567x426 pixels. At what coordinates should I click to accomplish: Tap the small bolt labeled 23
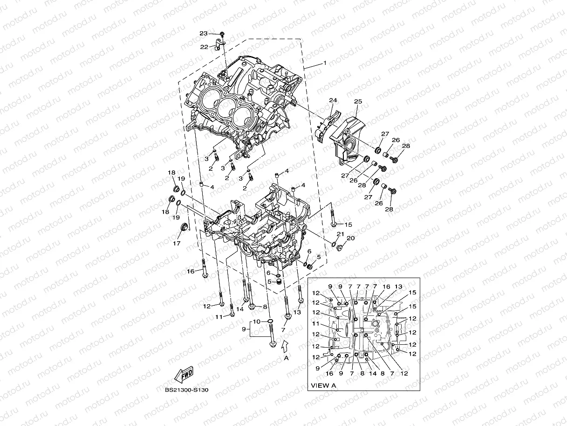(x=222, y=35)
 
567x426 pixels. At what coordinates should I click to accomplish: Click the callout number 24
(x=333, y=100)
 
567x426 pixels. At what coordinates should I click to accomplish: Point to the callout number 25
(x=358, y=101)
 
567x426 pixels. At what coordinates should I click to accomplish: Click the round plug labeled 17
(x=185, y=228)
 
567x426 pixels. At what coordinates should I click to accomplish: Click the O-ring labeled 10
(x=269, y=321)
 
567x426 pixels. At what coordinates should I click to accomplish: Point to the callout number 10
(x=256, y=321)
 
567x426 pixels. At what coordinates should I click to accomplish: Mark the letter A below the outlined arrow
(x=287, y=358)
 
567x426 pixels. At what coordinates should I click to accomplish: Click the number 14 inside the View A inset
(x=372, y=373)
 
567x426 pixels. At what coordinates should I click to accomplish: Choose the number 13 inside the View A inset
(x=398, y=286)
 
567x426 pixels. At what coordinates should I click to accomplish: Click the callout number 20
(x=350, y=238)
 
